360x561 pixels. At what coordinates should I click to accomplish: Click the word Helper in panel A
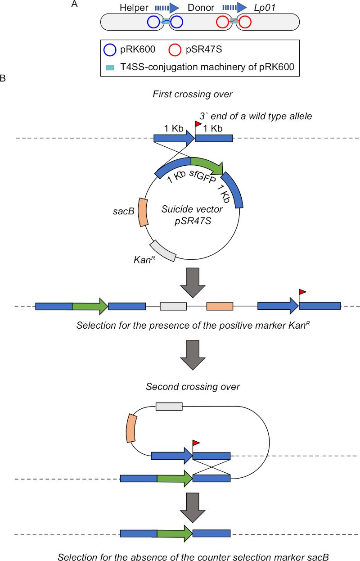point(134,8)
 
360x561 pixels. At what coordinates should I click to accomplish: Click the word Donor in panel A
point(201,8)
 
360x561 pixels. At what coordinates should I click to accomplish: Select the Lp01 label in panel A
point(265,8)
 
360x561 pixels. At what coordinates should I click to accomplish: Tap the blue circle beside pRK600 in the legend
point(110,50)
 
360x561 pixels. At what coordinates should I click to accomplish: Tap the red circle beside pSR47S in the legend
point(175,50)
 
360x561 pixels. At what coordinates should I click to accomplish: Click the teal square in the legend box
point(110,68)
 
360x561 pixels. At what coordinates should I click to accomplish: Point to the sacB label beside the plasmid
point(124,211)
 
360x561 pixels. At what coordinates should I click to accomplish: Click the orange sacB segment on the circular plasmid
point(143,213)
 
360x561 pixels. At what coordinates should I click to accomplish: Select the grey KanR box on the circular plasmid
point(163,251)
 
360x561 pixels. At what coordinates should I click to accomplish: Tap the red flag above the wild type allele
point(198,124)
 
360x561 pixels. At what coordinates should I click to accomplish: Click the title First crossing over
point(193,95)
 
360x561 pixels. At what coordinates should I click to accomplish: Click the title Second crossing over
point(193,387)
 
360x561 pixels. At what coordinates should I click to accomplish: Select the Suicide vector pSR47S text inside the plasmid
point(192,215)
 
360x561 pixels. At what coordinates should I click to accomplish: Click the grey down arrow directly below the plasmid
point(193,283)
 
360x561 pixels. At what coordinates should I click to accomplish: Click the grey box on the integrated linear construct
point(173,306)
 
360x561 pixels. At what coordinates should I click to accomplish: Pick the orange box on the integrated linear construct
point(220,306)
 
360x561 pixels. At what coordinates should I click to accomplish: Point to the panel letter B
point(3,78)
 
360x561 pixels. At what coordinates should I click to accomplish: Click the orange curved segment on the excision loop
point(131,428)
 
